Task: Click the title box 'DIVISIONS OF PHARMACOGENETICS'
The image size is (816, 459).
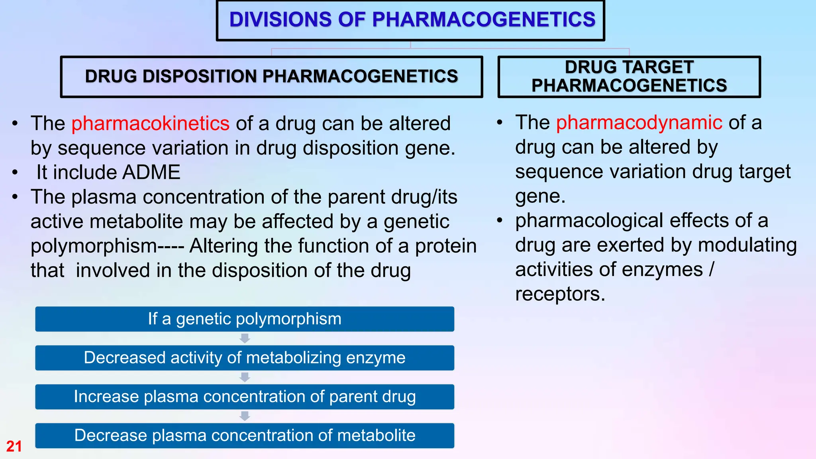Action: click(411, 20)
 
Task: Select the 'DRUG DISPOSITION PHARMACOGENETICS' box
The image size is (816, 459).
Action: click(271, 76)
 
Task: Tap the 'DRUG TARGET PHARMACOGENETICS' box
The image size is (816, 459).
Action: click(629, 76)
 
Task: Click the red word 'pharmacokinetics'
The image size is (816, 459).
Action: click(150, 124)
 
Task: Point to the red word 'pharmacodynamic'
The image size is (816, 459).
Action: click(639, 122)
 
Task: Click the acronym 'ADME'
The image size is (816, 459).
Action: click(151, 173)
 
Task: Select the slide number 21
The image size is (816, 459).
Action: click(14, 446)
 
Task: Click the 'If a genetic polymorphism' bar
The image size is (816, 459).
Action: click(245, 319)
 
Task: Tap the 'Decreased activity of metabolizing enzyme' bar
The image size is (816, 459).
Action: click(245, 358)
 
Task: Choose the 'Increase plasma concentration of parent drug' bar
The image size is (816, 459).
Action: click(245, 397)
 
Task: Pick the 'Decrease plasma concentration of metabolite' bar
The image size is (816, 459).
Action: click(245, 435)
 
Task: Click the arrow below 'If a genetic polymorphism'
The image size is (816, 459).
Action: click(245, 339)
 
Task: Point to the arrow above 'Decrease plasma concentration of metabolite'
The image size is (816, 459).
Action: click(245, 416)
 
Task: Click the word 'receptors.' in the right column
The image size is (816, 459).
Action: click(560, 294)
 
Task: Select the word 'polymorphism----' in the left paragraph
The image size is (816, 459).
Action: click(107, 246)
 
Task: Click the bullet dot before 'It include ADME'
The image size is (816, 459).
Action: click(15, 173)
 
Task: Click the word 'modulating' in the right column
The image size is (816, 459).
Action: click(747, 245)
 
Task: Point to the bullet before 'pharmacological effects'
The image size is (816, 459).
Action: click(500, 220)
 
